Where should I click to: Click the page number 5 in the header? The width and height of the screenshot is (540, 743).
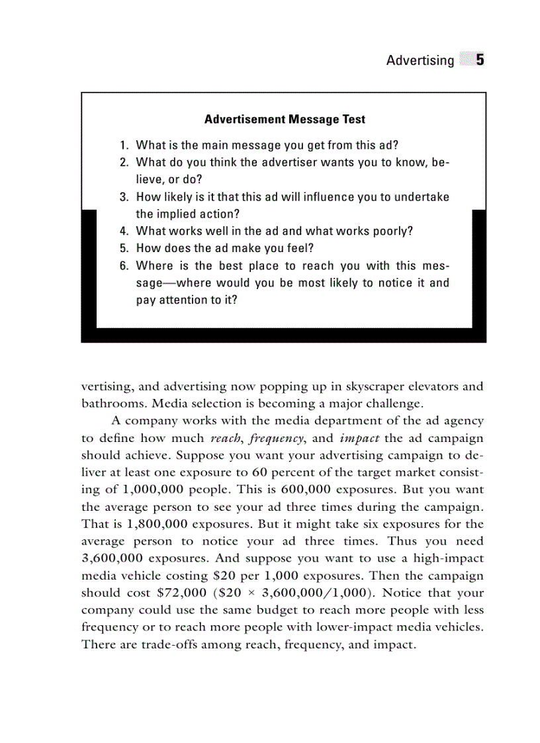[479, 60]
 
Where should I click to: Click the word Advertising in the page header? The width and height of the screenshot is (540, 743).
[420, 61]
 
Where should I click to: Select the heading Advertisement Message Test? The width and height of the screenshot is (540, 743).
[285, 120]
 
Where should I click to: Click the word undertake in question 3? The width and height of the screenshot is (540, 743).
[422, 197]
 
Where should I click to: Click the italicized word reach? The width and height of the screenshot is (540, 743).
[226, 438]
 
